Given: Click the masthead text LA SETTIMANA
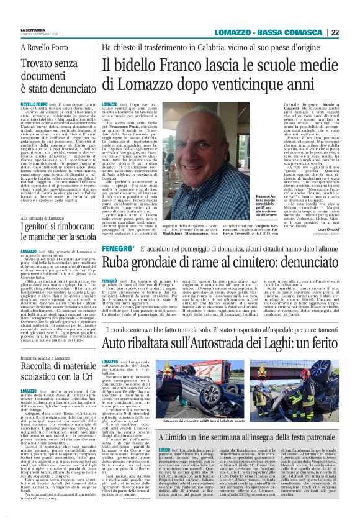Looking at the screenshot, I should coord(33,29).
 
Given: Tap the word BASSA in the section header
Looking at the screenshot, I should coord(282,32).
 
